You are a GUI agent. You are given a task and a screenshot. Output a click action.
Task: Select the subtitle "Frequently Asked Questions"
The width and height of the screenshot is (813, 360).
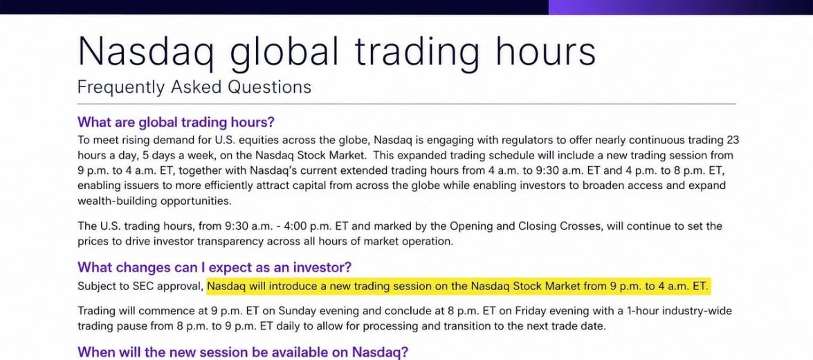[x=194, y=87]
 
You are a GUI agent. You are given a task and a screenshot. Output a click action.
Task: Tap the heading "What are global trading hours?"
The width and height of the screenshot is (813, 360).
[x=176, y=123]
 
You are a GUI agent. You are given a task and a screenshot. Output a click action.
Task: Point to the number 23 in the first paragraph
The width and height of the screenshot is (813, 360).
[x=731, y=140]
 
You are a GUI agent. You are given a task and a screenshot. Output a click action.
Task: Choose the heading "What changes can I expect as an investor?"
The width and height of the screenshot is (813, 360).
[x=214, y=268]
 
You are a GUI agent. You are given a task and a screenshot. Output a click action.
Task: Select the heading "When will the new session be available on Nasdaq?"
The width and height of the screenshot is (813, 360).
[x=243, y=353]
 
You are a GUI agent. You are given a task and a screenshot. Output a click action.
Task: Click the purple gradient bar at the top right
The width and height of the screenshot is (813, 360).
[x=681, y=7]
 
